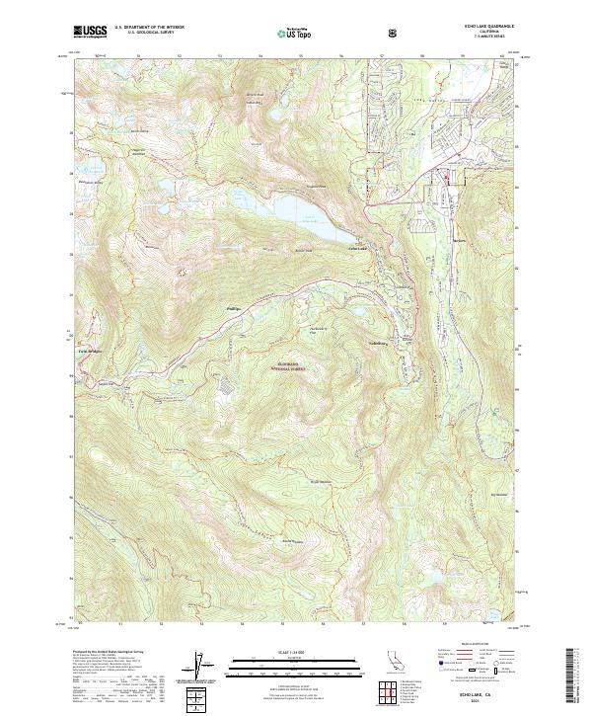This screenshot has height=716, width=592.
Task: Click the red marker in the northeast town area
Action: tap(446, 179)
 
